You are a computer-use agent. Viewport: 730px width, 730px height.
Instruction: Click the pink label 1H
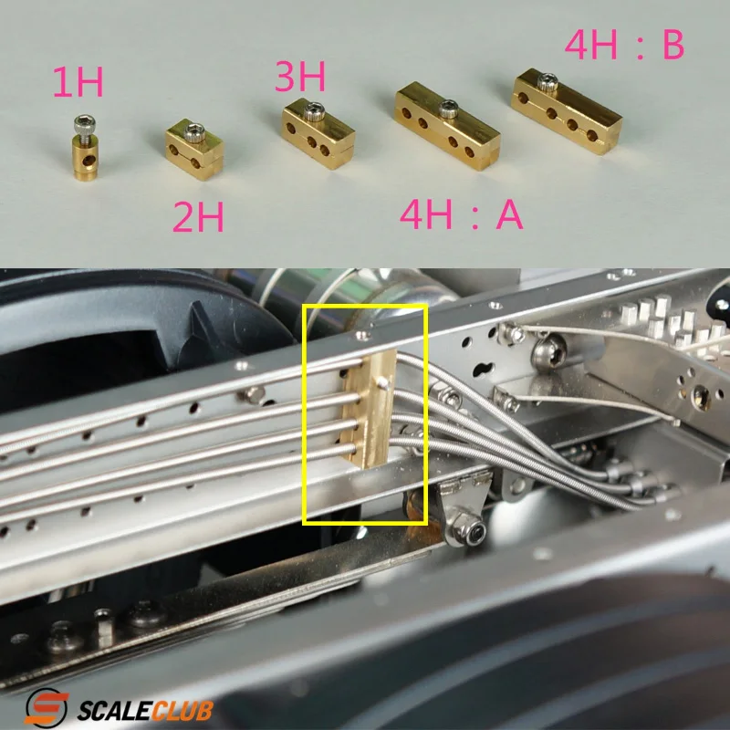pyautogui.click(x=78, y=82)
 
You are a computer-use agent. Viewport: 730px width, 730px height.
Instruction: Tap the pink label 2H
pyautogui.click(x=198, y=217)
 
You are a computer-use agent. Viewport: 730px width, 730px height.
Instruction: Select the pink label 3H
pyautogui.click(x=300, y=77)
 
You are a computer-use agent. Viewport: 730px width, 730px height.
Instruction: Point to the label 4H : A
pyautogui.click(x=462, y=214)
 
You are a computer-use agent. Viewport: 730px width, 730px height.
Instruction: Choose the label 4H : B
pyautogui.click(x=624, y=45)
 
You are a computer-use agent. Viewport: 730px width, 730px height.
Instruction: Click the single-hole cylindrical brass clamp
pyautogui.click(x=85, y=149)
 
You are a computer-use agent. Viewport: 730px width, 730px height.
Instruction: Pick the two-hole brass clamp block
pyautogui.click(x=194, y=148)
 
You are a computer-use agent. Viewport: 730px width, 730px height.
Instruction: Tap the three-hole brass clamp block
pyautogui.click(x=318, y=133)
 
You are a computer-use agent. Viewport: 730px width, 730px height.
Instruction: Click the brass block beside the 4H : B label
pyautogui.click(x=567, y=110)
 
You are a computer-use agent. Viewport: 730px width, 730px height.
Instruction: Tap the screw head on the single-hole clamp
pyautogui.click(x=85, y=123)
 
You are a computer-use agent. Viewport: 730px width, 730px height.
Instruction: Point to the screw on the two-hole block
pyautogui.click(x=193, y=132)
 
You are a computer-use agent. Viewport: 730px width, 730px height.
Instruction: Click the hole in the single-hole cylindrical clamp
pyautogui.click(x=87, y=161)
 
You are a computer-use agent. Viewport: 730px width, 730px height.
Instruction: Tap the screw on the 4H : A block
pyautogui.click(x=447, y=109)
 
